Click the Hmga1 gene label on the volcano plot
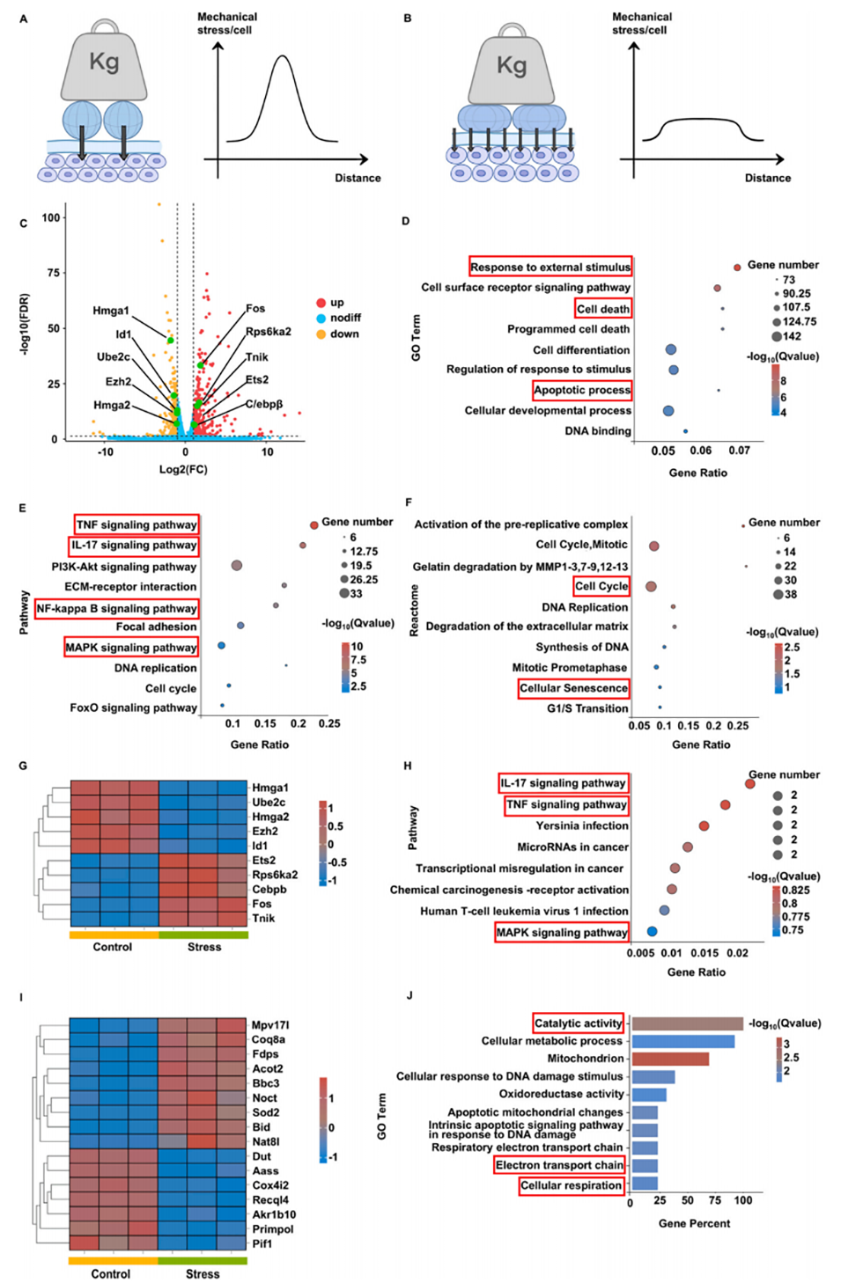click(111, 311)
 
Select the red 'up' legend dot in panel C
click(321, 303)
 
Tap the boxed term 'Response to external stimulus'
click(550, 267)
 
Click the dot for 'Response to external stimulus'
click(737, 268)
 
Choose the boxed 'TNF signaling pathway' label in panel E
click(136, 524)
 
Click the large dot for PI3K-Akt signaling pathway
click(236, 566)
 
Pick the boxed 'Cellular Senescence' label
click(574, 688)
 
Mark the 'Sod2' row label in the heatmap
click(265, 1112)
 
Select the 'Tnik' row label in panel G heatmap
click(263, 918)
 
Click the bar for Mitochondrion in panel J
click(670, 1059)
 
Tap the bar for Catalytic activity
click(688, 1023)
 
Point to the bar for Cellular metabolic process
click(683, 1041)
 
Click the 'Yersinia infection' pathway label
click(582, 825)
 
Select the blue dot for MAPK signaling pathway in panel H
click(652, 931)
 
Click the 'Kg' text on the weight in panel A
click(104, 62)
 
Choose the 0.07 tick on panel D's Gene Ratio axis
click(739, 451)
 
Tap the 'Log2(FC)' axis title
click(183, 469)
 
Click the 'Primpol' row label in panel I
click(272, 1229)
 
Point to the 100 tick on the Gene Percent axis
click(743, 1200)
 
